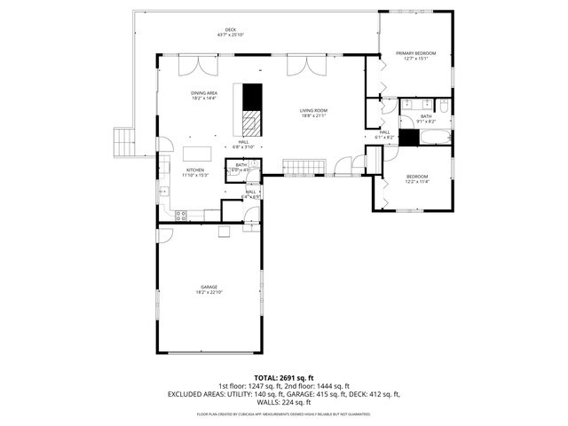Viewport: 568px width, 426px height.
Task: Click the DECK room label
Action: click(231, 30)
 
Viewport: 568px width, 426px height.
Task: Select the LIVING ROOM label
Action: click(313, 110)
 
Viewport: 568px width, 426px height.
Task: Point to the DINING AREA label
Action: click(204, 93)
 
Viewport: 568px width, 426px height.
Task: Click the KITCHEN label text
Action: click(194, 170)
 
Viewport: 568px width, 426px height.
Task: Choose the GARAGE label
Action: click(209, 287)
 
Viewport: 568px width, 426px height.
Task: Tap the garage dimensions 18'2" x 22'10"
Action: click(209, 292)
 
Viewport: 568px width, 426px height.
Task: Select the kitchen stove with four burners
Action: click(181, 214)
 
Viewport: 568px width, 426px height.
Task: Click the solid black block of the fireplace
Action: click(254, 96)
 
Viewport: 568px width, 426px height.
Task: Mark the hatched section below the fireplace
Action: click(254, 122)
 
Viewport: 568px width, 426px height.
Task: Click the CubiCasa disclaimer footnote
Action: click(283, 414)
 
